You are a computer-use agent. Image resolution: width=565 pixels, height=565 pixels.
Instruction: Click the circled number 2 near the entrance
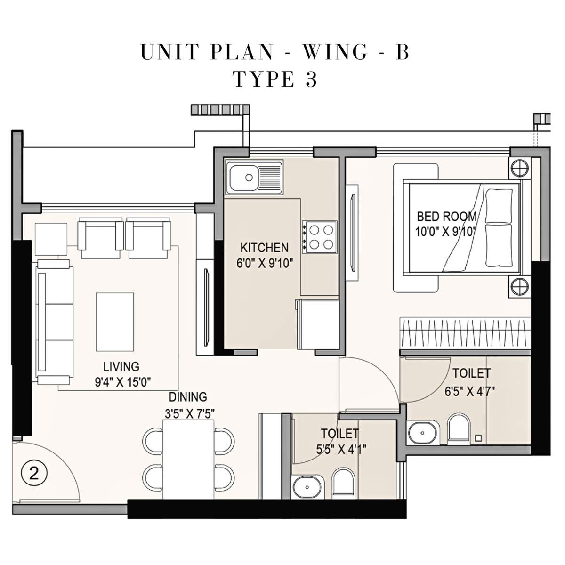(34, 473)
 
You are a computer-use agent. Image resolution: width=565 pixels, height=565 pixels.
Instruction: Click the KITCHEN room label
(264, 248)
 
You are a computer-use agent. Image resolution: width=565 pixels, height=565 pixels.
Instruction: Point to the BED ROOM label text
(446, 217)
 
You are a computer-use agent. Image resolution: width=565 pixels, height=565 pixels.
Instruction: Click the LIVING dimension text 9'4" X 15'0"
(122, 382)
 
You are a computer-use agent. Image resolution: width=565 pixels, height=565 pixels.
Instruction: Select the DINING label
(188, 397)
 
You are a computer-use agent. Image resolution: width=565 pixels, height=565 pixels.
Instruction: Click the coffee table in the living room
(114, 322)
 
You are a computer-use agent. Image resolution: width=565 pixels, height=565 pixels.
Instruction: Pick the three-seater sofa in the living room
(53, 322)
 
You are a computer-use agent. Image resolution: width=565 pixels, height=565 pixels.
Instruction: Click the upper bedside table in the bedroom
(519, 168)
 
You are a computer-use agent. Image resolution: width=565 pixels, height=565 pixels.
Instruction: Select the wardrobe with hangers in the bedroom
(465, 332)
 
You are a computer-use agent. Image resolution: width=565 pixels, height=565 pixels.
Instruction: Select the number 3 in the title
(311, 80)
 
